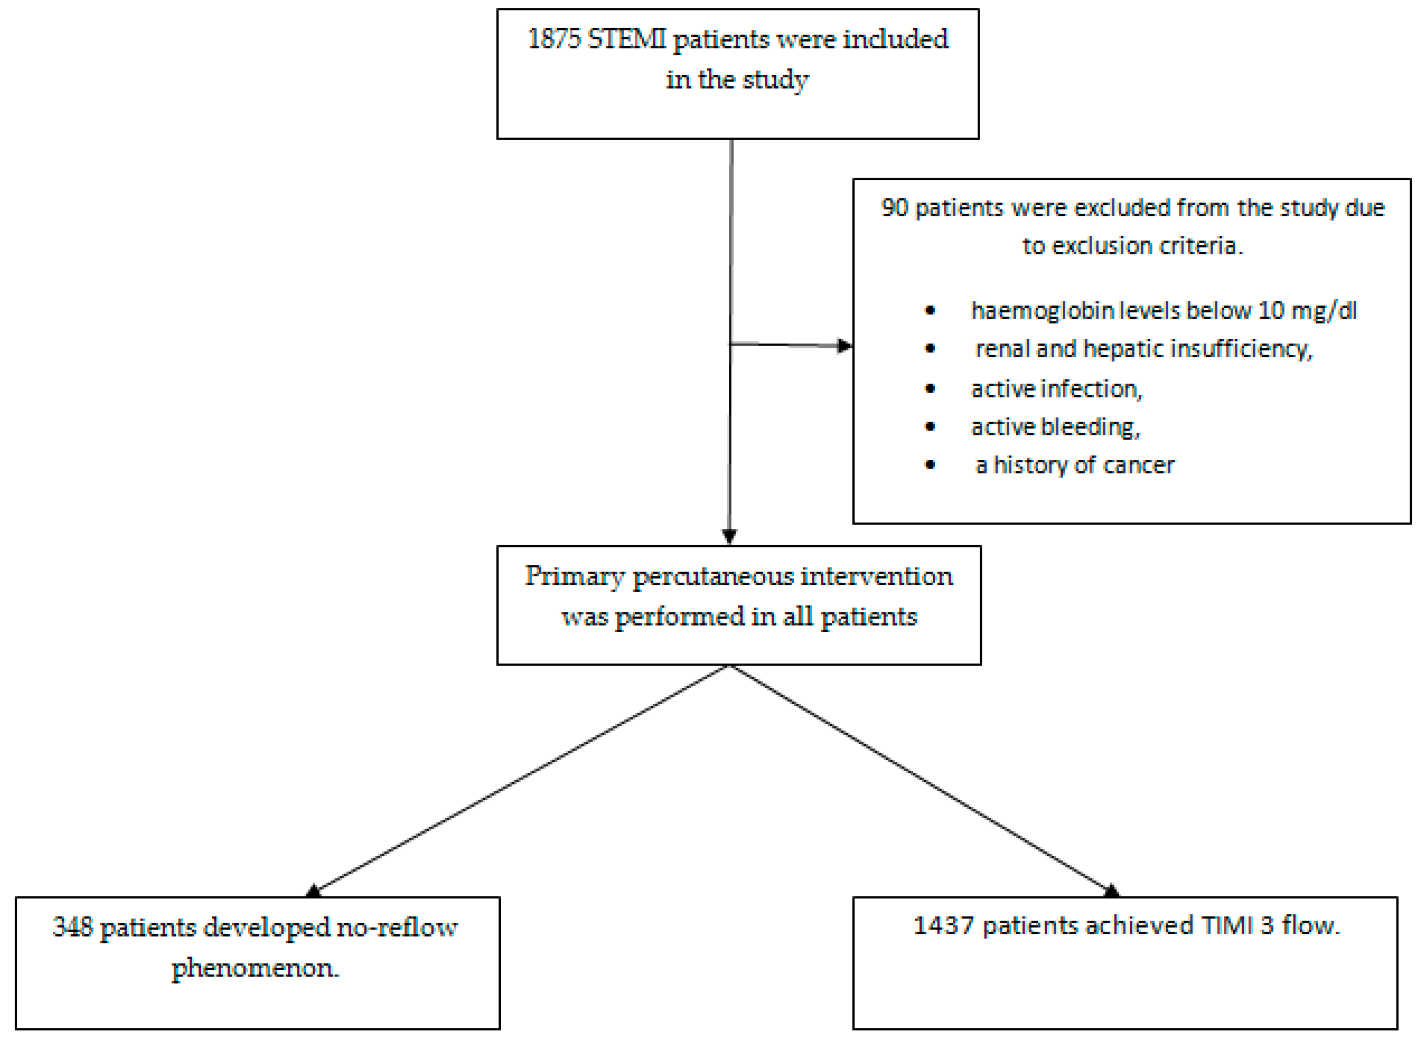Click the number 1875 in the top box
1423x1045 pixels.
point(554,39)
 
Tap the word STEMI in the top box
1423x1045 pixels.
point(626,39)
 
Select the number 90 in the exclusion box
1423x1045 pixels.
point(894,207)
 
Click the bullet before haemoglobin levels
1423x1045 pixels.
point(930,310)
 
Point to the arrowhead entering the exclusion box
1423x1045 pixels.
point(845,345)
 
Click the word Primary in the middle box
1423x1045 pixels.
point(575,577)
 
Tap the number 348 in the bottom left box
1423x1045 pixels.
point(73,927)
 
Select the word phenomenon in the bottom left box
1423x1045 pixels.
point(255,968)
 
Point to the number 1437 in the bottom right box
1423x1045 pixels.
point(944,926)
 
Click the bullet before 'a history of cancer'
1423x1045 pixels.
point(930,465)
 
